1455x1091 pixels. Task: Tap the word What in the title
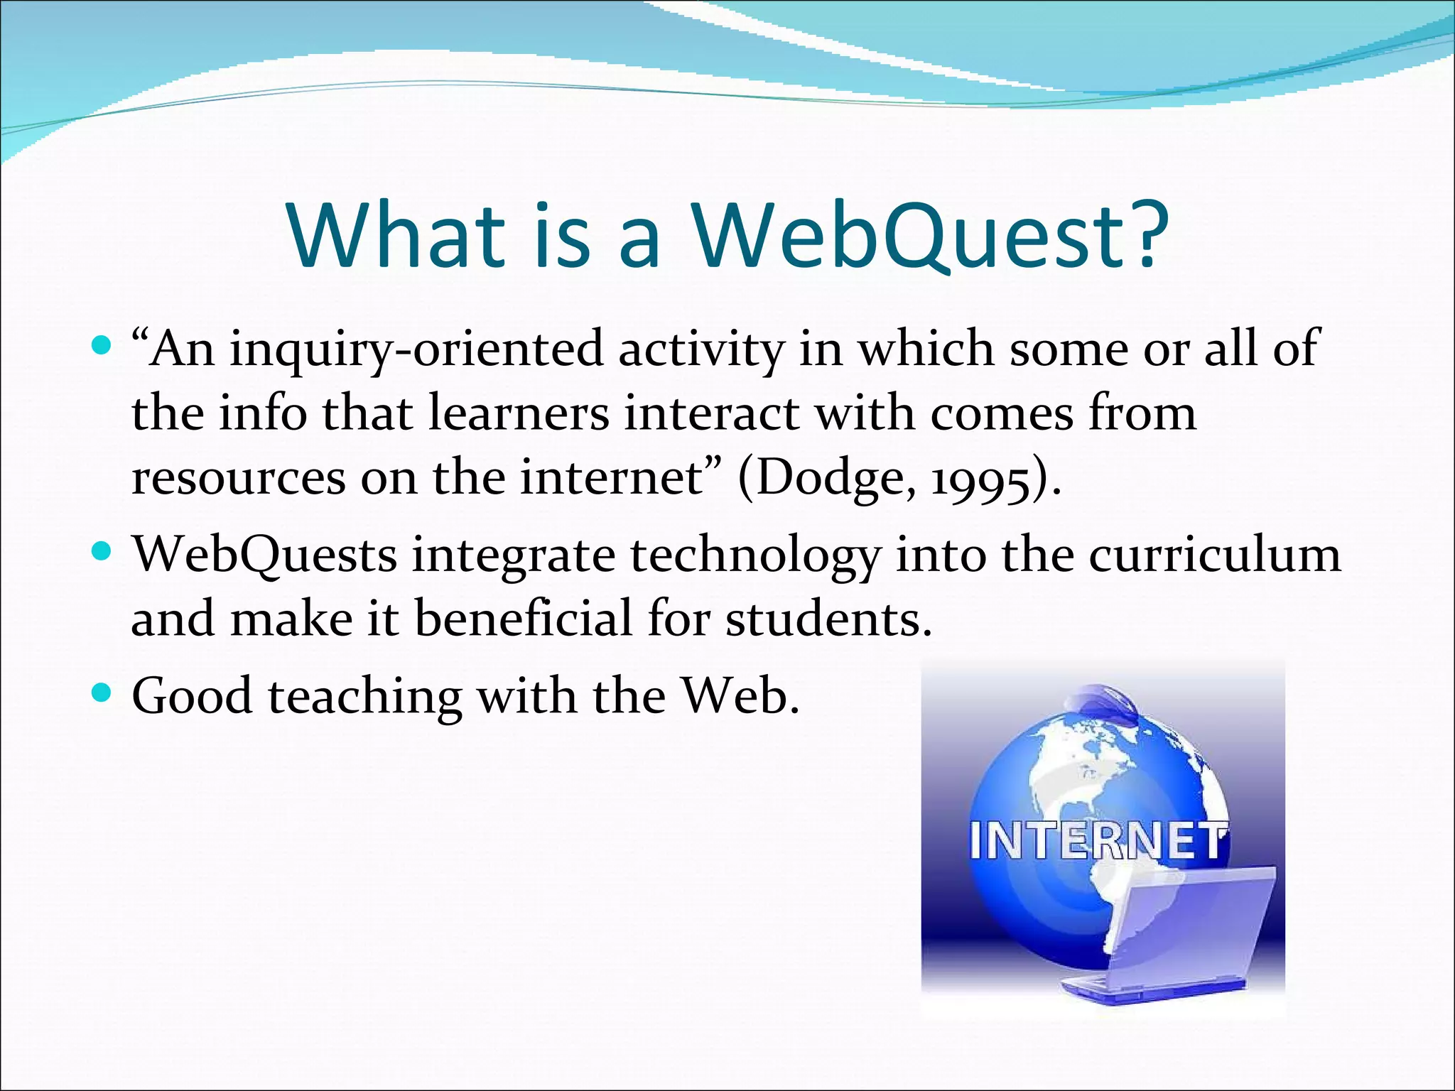pyautogui.click(x=396, y=234)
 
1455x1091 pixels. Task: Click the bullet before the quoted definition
pyautogui.click(x=102, y=347)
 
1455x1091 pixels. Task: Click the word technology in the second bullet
pyautogui.click(x=755, y=556)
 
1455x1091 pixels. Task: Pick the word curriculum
pyautogui.click(x=1214, y=555)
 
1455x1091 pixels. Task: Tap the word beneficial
pyautogui.click(x=523, y=618)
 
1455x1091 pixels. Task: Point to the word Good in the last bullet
pyautogui.click(x=192, y=695)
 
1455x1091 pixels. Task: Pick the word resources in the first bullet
pyautogui.click(x=239, y=479)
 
